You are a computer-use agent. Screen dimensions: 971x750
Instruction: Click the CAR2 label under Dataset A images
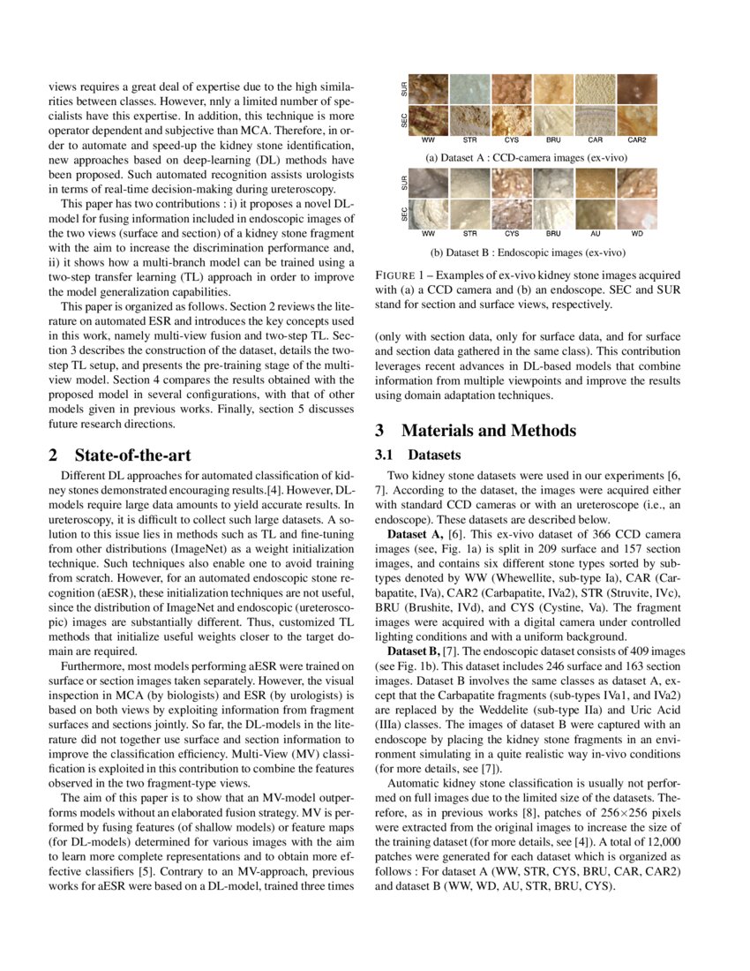(x=637, y=139)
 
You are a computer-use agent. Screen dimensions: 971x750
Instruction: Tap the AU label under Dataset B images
(x=596, y=234)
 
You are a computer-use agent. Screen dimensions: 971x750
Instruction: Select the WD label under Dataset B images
(x=637, y=234)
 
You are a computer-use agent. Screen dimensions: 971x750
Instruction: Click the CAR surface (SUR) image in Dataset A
(x=596, y=89)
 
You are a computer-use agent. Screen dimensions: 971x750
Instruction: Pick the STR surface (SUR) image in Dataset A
(x=470, y=89)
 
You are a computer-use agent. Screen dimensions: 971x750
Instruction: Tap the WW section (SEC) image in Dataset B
(x=429, y=214)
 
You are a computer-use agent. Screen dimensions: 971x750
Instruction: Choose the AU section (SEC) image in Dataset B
(x=596, y=214)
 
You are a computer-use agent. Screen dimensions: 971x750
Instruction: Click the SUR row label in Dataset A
(x=404, y=89)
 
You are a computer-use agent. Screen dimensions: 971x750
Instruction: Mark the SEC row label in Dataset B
(x=404, y=214)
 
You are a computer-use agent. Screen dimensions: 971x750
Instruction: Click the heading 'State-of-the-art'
(x=132, y=455)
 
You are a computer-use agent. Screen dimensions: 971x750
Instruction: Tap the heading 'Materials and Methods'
(x=488, y=431)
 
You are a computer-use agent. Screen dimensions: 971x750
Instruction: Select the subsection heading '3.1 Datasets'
(x=417, y=455)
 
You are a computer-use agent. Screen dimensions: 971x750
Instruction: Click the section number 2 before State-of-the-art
(x=52, y=455)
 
